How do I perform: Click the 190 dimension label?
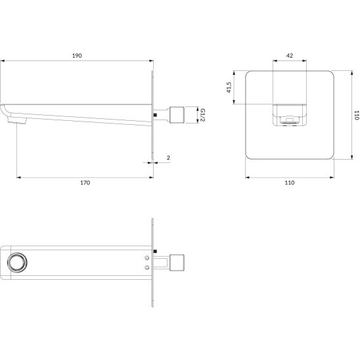click(x=77, y=56)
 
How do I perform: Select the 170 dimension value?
click(x=85, y=183)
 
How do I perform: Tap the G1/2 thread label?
click(x=202, y=115)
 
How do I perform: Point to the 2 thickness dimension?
click(x=168, y=158)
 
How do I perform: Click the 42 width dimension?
click(x=290, y=56)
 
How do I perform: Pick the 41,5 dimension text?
click(x=229, y=87)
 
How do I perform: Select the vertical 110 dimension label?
click(x=356, y=115)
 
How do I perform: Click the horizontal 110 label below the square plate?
click(x=290, y=183)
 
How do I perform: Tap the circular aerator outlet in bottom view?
click(x=17, y=262)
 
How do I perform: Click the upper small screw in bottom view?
click(x=147, y=258)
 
